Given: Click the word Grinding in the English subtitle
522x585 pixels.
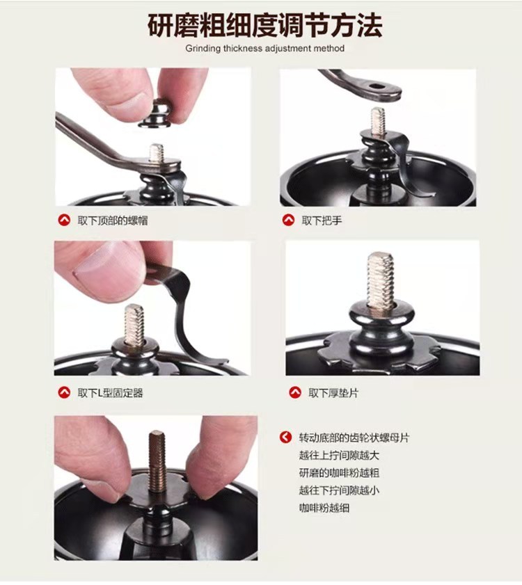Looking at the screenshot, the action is click(203, 49).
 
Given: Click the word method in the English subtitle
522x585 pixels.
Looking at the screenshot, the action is click(329, 48).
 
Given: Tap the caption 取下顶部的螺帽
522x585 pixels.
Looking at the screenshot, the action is click(112, 221).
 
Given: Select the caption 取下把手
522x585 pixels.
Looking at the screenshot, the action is click(322, 221).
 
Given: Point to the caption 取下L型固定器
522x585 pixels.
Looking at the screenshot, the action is click(110, 392).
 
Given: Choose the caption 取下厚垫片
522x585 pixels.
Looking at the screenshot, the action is click(333, 392).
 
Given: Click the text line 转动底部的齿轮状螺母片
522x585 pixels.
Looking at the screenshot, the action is click(354, 438).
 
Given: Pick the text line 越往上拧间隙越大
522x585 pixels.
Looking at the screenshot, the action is click(339, 455).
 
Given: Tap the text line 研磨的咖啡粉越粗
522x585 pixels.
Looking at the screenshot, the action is click(339, 473).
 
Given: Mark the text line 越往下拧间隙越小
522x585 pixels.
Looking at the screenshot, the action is click(339, 490).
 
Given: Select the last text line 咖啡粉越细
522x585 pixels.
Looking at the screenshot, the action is click(324, 508).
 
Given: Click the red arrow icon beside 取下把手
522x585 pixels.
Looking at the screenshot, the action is click(288, 220).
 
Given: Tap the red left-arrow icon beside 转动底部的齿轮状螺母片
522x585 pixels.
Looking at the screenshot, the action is click(285, 438).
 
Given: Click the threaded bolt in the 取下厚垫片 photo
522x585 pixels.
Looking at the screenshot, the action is click(380, 279).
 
